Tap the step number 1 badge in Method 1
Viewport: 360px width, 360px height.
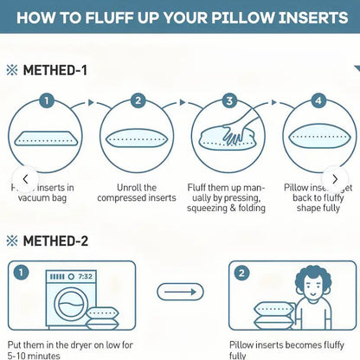[48, 100]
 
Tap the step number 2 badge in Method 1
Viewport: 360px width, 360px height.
[137, 100]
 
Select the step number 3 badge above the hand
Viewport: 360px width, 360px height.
[228, 100]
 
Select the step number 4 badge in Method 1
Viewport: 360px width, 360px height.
[318, 100]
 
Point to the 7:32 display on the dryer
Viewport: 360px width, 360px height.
[86, 276]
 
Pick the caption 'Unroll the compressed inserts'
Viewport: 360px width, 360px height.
[137, 192]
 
